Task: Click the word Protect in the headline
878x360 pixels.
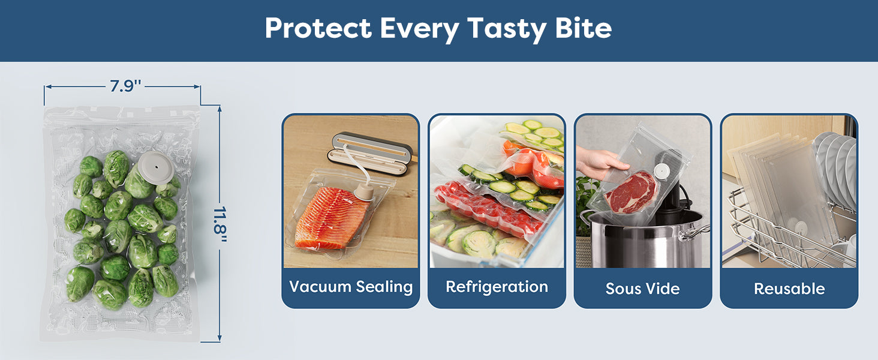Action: pos(318,28)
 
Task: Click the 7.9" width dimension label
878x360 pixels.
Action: pos(125,86)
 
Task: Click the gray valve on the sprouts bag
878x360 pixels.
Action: pos(156,167)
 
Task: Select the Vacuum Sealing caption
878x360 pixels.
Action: pos(351,287)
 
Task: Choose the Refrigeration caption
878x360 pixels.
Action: pos(497,287)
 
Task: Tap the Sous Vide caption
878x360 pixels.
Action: pos(642,289)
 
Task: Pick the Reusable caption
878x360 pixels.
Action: pos(789,289)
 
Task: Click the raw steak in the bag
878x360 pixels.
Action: pos(631,193)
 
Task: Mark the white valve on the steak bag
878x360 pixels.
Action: pos(662,170)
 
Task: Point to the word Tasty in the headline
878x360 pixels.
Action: pos(507,29)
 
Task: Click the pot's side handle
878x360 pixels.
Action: pos(694,232)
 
